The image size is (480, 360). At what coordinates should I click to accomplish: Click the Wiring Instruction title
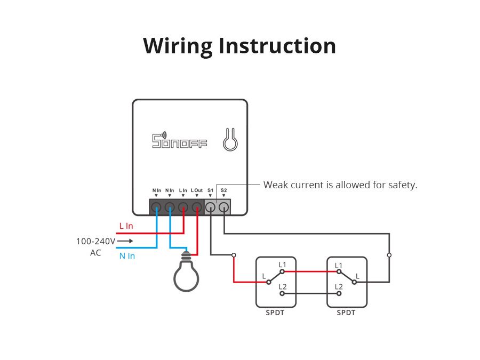tap(239, 46)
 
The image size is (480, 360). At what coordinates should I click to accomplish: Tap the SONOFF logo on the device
tap(180, 141)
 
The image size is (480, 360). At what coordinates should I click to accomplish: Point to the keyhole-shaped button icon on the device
tap(230, 140)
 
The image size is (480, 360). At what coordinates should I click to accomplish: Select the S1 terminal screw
tap(211, 207)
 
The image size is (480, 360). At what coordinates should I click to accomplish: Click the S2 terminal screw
tap(224, 207)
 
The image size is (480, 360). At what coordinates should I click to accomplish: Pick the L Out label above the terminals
tap(197, 190)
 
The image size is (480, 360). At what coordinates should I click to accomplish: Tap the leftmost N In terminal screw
tap(156, 207)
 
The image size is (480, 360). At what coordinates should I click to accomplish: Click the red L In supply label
tap(126, 226)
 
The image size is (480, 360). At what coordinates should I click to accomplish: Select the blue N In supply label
tap(127, 256)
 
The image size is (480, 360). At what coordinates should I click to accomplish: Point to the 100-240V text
tap(95, 241)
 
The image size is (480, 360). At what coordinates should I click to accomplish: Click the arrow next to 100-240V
tap(125, 241)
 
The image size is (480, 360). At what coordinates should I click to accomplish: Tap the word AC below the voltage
tap(95, 253)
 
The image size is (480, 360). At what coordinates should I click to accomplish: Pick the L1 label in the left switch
tap(282, 265)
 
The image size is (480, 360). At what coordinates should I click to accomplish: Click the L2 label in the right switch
tap(339, 286)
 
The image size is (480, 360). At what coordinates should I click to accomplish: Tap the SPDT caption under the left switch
tap(275, 313)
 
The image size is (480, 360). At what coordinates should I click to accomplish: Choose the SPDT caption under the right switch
tap(346, 313)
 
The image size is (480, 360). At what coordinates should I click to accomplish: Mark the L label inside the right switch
tap(357, 276)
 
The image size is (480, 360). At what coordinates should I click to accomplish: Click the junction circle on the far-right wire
tap(389, 255)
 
